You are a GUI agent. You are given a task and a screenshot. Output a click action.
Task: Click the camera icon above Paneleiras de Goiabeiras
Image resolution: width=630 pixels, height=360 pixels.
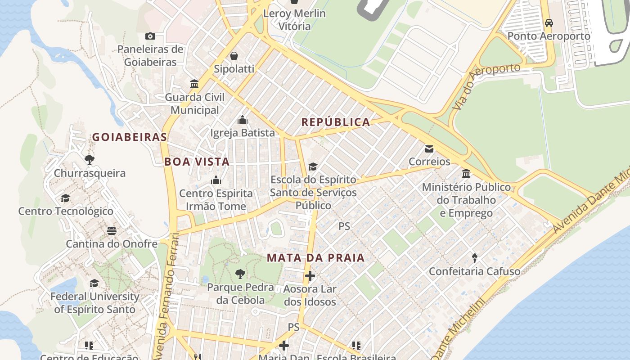click(x=150, y=36)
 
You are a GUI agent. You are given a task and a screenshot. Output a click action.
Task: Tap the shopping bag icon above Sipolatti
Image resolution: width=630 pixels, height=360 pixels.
click(x=234, y=56)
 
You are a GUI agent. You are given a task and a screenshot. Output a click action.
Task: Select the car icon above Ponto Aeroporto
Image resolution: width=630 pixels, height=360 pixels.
click(x=549, y=22)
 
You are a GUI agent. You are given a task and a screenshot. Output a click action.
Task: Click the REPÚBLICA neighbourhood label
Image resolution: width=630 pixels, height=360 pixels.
click(x=336, y=122)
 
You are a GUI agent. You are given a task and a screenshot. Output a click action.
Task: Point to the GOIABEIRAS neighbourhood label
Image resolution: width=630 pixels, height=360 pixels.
click(x=130, y=137)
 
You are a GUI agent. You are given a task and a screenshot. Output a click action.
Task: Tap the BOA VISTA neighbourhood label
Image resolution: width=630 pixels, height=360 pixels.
click(x=197, y=162)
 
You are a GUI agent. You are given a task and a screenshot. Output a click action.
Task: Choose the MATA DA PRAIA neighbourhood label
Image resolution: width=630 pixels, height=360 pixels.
click(x=315, y=258)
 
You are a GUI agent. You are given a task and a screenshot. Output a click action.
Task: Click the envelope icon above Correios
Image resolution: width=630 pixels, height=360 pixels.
click(x=429, y=148)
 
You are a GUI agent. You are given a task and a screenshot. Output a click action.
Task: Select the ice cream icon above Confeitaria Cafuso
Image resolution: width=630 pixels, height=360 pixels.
click(x=475, y=258)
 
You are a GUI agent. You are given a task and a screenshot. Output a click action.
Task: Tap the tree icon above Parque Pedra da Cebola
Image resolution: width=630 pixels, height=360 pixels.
click(x=240, y=274)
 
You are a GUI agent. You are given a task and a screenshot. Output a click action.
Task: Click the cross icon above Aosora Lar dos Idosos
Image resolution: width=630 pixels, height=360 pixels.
click(x=310, y=276)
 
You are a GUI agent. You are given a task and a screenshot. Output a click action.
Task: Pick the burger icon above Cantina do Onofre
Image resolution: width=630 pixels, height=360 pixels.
click(x=112, y=231)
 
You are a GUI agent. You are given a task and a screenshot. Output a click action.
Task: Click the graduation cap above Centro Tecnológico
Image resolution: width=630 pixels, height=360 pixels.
click(x=66, y=198)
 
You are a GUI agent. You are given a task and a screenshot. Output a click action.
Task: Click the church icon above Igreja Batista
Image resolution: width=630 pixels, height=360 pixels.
click(x=243, y=120)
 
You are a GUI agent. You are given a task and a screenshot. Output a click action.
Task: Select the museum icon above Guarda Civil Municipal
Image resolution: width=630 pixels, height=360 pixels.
click(x=195, y=84)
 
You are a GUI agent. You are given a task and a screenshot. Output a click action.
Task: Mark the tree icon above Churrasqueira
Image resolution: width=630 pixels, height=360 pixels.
click(x=90, y=160)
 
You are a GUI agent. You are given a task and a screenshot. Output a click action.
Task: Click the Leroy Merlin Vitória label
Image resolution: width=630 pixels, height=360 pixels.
click(x=294, y=20)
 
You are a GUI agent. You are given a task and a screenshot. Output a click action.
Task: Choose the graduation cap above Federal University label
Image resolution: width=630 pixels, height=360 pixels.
click(x=94, y=283)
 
